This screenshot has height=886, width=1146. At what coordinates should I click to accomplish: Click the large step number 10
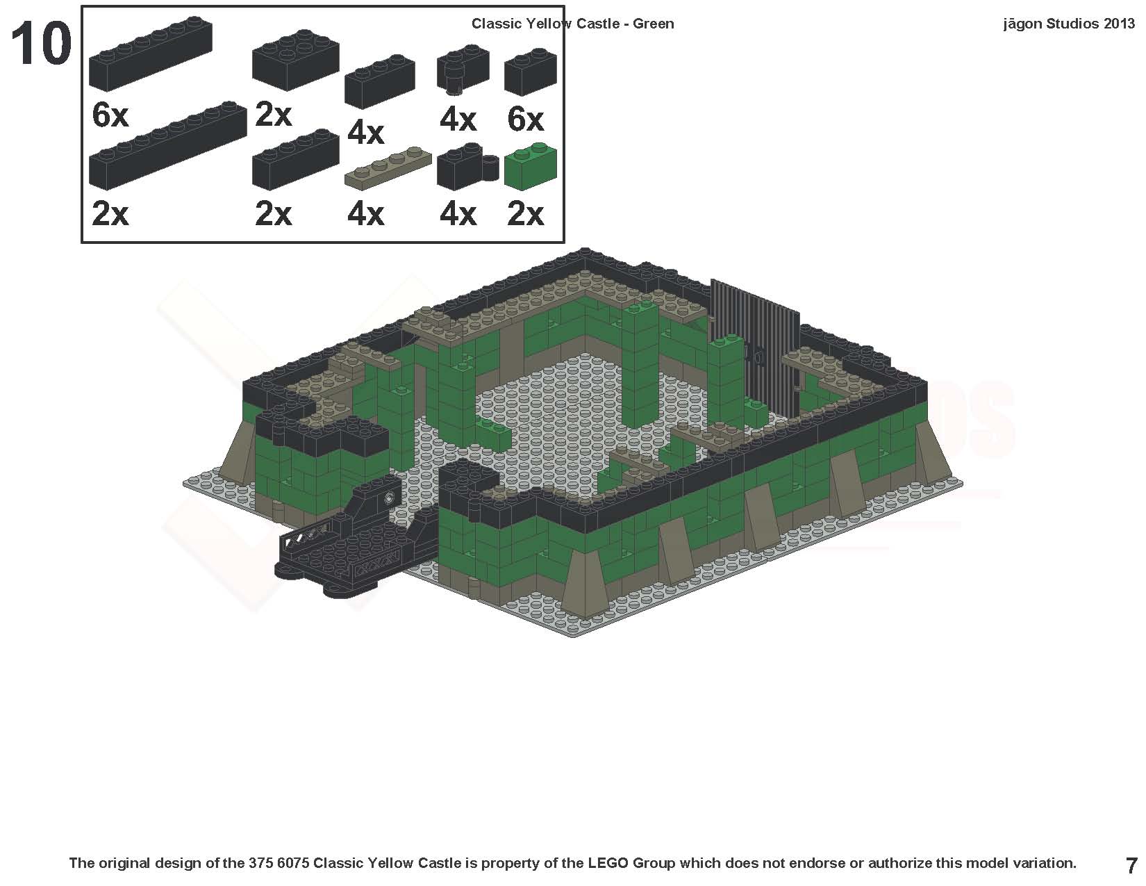[41, 44]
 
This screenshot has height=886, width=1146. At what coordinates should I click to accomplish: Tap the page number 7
[1131, 865]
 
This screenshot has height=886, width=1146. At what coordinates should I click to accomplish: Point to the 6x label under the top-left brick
[110, 115]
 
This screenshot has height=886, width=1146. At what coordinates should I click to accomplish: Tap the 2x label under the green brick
[525, 213]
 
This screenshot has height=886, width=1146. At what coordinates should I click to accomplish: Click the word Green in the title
[653, 24]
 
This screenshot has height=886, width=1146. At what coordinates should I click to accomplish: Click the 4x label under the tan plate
[365, 213]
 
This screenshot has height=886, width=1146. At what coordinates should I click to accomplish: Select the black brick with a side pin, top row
[462, 69]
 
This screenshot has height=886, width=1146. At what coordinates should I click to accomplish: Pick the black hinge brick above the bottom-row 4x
[467, 167]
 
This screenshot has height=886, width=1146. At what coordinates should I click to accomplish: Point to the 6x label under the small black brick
[525, 120]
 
